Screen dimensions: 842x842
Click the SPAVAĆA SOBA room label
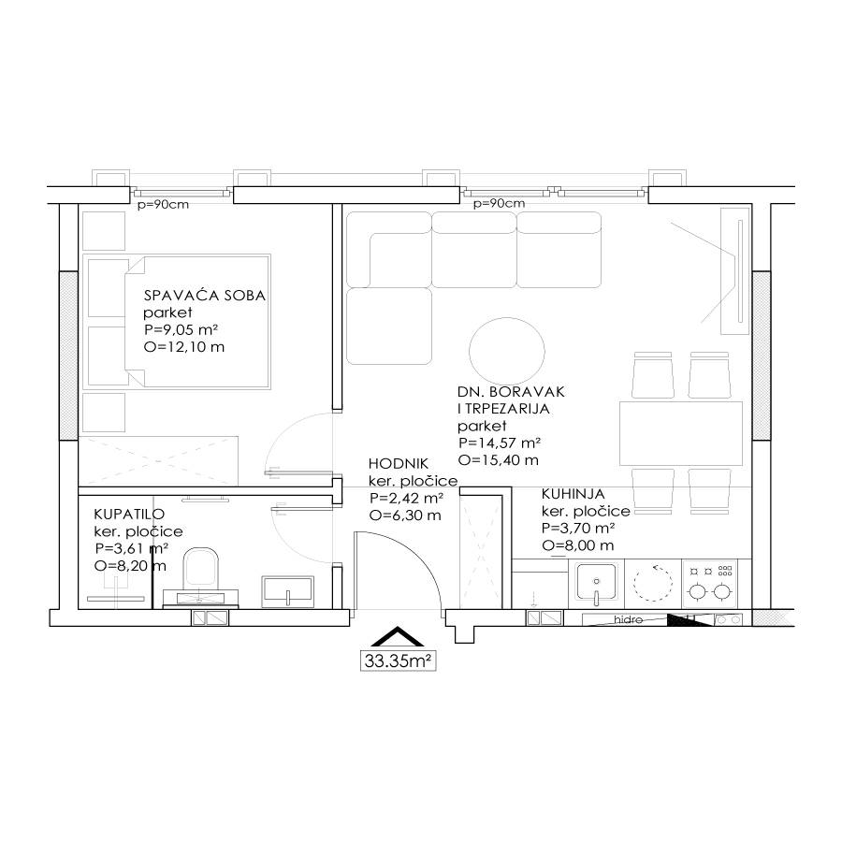point(205,296)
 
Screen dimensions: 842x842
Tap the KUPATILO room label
point(129,514)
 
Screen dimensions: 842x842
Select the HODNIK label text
point(399,463)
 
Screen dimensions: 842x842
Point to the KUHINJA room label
point(573,493)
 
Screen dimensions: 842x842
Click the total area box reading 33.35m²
point(398,661)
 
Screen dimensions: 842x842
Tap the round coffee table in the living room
point(507,353)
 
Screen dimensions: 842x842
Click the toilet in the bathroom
point(201,568)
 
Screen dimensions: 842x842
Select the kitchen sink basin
point(596,582)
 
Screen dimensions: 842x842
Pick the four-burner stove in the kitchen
point(710,584)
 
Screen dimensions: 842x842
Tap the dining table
point(681,433)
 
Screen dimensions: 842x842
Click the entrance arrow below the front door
point(398,636)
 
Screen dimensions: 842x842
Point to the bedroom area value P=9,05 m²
point(181,329)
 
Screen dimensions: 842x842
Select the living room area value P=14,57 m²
point(499,443)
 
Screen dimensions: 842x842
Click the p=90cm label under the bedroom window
point(163,205)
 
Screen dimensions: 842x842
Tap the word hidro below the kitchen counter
point(629,619)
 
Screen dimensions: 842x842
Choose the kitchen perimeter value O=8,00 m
point(578,545)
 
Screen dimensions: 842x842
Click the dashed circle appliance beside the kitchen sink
point(653,582)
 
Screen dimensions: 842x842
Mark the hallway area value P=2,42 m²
point(407,498)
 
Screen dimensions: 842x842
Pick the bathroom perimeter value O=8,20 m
point(130,566)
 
